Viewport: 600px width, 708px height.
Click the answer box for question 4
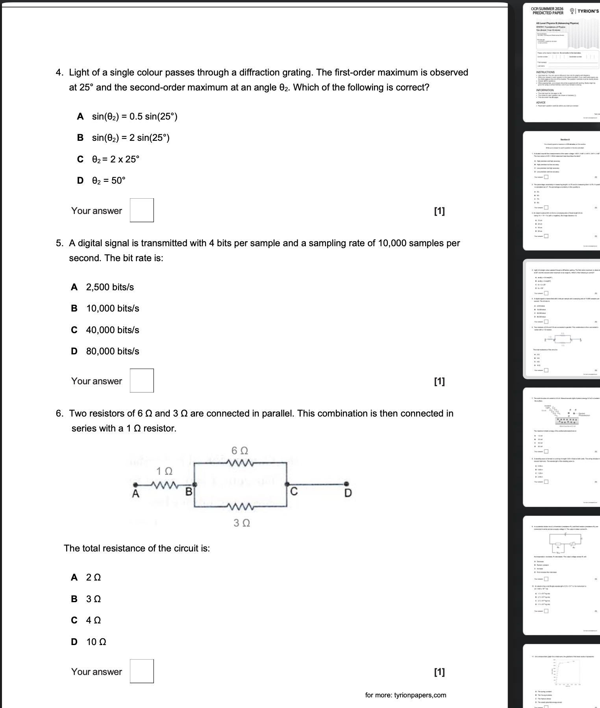tap(142, 210)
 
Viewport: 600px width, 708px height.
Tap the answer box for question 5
tap(142, 381)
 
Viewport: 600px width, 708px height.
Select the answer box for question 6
tap(142, 671)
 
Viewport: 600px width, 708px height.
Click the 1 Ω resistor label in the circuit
tap(164, 471)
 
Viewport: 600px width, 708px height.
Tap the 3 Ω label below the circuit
tap(242, 523)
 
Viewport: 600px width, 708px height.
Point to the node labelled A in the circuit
tap(135, 493)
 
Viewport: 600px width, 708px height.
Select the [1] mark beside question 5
tap(439, 381)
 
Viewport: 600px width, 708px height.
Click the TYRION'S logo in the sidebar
tap(587, 11)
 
